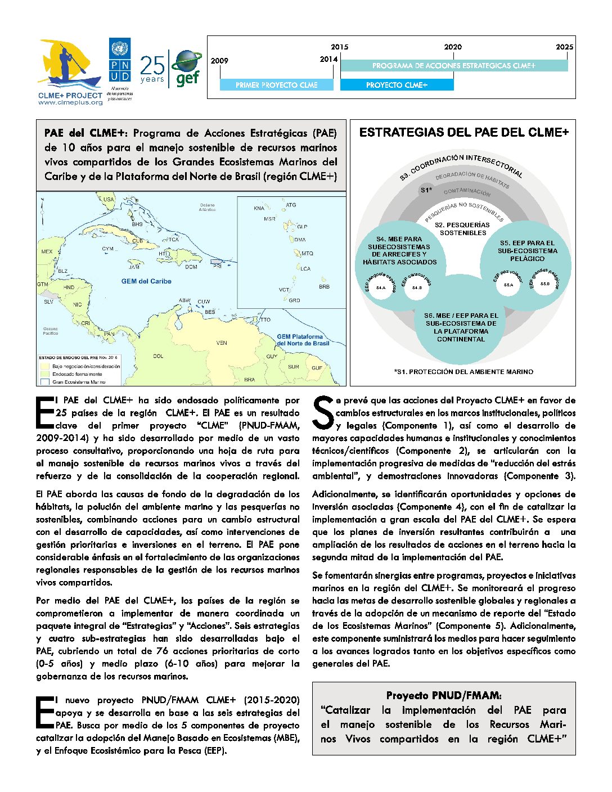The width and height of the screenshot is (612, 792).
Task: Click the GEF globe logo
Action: tap(187, 67)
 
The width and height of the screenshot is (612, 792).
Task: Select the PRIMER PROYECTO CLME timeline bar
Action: tap(276, 85)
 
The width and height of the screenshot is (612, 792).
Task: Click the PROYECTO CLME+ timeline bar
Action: tap(397, 85)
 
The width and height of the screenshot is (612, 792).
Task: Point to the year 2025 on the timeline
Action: tap(564, 47)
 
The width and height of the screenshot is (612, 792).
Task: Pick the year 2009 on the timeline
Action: tap(219, 61)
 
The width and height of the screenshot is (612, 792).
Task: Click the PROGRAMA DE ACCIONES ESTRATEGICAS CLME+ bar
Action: tap(453, 66)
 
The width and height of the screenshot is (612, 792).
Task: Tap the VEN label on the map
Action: tap(222, 343)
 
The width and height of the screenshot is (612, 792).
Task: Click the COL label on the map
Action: tap(158, 356)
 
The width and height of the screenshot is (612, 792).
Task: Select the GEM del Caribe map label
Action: tap(146, 281)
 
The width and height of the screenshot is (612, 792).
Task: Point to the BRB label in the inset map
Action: tap(324, 286)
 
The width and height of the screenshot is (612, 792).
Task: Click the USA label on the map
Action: tap(109, 199)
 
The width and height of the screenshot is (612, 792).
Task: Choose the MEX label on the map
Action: tap(47, 252)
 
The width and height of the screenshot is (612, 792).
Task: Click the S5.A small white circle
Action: tap(508, 285)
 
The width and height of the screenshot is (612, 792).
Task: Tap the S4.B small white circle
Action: tap(417, 287)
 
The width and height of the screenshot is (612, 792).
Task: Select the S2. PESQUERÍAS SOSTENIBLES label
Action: tap(463, 228)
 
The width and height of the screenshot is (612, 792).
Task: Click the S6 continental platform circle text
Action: tap(461, 327)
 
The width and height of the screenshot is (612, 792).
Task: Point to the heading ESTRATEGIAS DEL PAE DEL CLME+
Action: tap(463, 133)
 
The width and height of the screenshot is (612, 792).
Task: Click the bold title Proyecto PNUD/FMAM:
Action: tap(443, 696)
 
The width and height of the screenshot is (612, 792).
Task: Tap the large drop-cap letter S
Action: tap(323, 412)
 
